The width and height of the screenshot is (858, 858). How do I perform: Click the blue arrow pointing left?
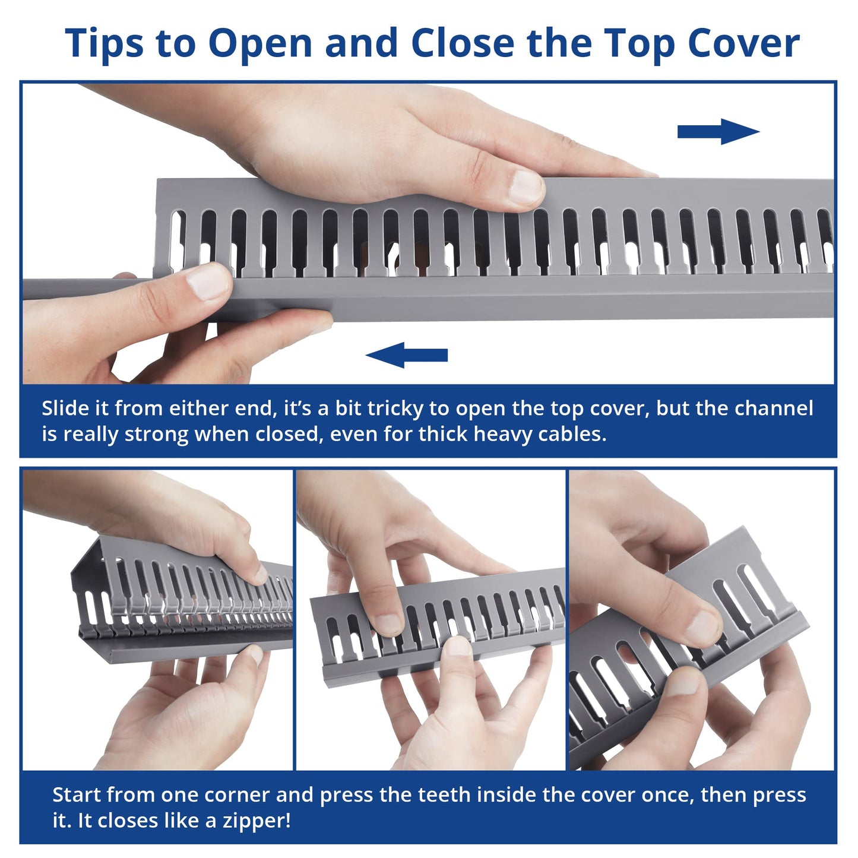(x=406, y=355)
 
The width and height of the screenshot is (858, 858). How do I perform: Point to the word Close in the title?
(x=463, y=43)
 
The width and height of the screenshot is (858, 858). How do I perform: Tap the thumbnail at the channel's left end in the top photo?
(x=207, y=281)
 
